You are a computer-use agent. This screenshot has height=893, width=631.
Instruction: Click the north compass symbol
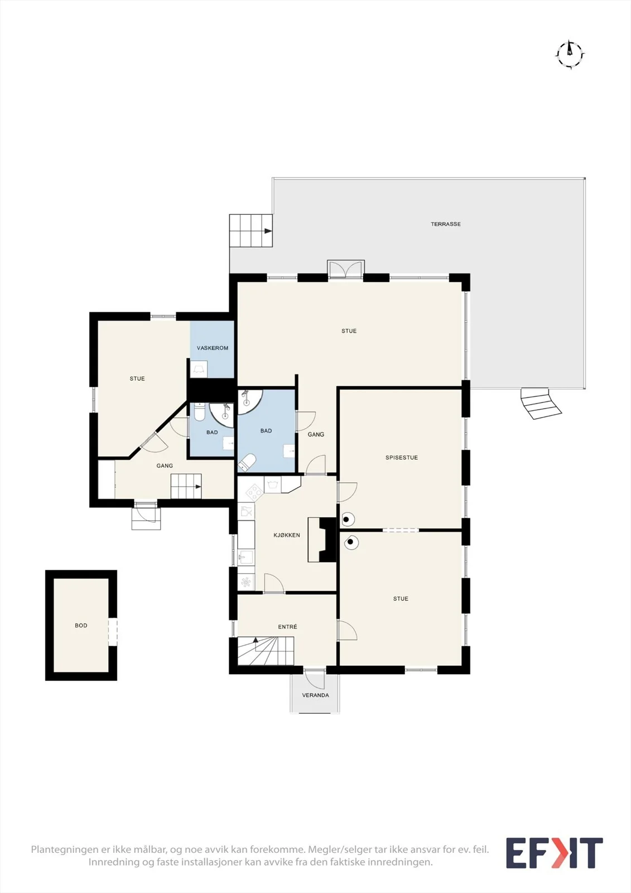click(570, 54)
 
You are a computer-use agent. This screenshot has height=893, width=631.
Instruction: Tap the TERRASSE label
click(446, 224)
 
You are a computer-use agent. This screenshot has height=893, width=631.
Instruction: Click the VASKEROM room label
click(213, 348)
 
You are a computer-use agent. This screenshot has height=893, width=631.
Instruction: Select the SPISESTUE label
click(401, 458)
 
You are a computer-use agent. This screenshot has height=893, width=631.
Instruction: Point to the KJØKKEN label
click(287, 535)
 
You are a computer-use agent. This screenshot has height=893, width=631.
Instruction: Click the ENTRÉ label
click(287, 627)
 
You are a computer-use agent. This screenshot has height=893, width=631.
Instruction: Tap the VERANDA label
click(315, 695)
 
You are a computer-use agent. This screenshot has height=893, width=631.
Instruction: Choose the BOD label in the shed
click(81, 626)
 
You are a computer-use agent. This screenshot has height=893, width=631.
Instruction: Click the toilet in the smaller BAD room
click(199, 412)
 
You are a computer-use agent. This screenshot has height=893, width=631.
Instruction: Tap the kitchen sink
click(246, 556)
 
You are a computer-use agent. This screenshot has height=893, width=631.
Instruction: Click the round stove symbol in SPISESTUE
click(347, 519)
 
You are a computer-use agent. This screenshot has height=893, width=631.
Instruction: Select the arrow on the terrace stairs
click(268, 231)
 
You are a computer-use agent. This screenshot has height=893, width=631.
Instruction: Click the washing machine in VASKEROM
click(199, 369)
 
